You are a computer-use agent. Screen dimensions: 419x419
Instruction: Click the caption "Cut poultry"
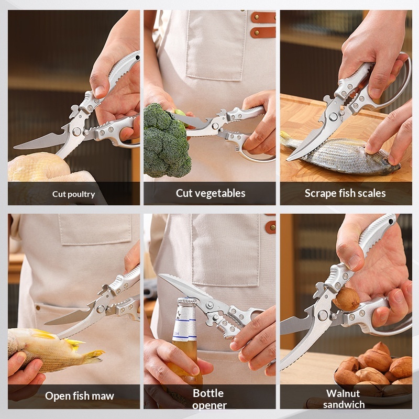(x=73, y=194)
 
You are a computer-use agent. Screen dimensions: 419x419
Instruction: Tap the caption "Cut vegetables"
(x=210, y=193)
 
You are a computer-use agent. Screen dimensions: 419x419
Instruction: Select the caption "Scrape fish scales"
(x=345, y=193)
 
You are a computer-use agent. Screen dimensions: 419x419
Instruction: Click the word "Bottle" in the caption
(x=208, y=393)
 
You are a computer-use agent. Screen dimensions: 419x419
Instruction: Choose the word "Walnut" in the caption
(x=343, y=393)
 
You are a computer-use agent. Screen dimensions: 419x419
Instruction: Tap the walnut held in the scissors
(x=346, y=299)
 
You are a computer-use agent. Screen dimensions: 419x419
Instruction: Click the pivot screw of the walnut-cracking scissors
(x=323, y=315)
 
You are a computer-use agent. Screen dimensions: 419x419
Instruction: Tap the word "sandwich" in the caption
(x=343, y=404)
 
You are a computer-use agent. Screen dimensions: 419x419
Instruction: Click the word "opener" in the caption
(x=209, y=405)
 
